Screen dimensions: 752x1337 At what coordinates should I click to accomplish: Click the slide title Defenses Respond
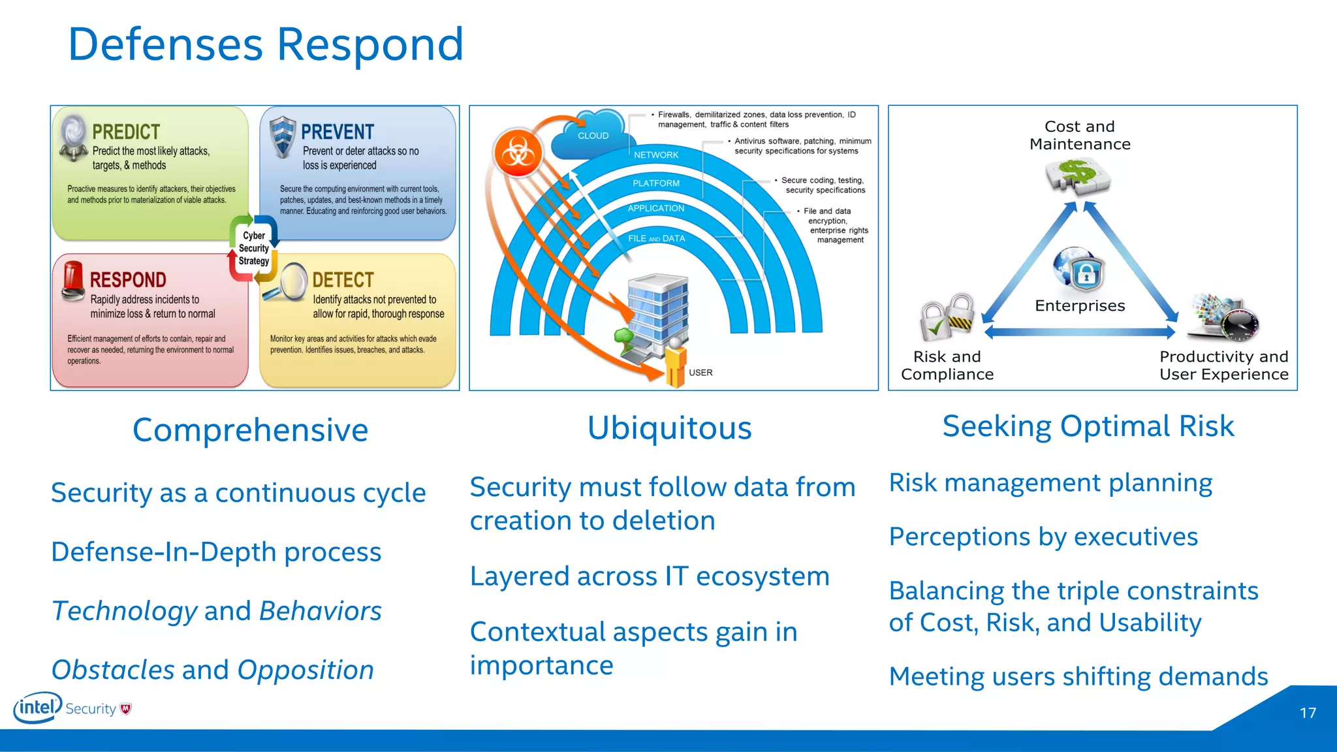(x=266, y=44)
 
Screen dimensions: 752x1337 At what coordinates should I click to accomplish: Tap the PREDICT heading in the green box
(x=126, y=132)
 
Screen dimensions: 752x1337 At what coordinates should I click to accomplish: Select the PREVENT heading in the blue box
(x=337, y=132)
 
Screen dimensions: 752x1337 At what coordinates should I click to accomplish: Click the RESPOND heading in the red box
(x=128, y=280)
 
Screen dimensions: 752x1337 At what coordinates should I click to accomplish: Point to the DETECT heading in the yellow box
(x=343, y=280)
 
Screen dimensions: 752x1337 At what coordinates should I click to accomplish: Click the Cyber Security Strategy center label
(x=254, y=248)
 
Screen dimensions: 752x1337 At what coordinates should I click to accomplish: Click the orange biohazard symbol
(x=518, y=154)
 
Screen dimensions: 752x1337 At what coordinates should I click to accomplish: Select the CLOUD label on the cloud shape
(x=593, y=136)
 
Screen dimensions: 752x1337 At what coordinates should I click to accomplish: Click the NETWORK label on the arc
(x=656, y=155)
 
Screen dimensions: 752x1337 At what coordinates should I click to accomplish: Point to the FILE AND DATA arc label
(x=656, y=239)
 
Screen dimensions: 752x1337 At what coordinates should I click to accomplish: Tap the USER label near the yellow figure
(x=700, y=373)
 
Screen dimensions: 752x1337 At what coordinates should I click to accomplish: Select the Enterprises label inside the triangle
(x=1080, y=305)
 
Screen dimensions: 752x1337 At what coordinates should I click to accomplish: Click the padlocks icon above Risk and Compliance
(x=947, y=317)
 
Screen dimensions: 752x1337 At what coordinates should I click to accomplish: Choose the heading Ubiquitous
(x=669, y=428)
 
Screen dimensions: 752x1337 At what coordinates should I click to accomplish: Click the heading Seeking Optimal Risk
(x=1088, y=426)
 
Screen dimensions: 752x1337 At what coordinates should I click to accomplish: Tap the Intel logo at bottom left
(x=37, y=708)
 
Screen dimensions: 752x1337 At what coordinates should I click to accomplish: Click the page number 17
(x=1308, y=713)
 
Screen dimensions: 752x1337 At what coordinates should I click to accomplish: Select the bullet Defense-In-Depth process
(x=216, y=552)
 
